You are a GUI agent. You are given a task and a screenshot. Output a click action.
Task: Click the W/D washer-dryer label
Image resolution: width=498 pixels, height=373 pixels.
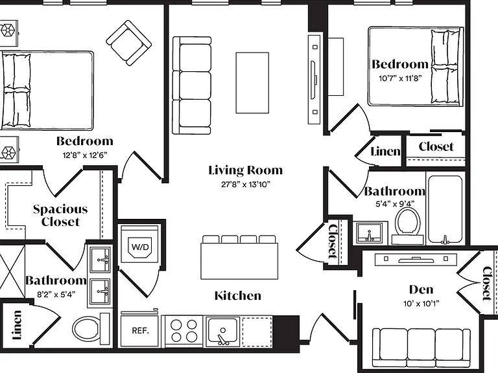(140, 247)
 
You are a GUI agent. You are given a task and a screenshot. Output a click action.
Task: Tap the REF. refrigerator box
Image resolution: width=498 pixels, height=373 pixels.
(140, 330)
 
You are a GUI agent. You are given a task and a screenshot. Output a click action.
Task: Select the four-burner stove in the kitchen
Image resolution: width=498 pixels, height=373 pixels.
(184, 330)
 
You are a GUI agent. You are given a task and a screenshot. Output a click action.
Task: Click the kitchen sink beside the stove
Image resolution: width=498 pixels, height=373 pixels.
(222, 331)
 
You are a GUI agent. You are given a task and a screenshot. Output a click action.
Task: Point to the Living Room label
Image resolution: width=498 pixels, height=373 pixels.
(246, 170)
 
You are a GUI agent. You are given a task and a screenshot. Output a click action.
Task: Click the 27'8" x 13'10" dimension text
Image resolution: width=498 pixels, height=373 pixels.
(246, 185)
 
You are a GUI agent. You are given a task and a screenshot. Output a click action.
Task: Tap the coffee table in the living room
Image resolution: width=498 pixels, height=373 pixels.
(252, 83)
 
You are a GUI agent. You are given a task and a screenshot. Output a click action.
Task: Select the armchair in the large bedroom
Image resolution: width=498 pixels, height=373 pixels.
(128, 43)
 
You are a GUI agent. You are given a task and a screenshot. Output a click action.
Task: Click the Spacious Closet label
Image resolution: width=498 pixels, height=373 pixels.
(60, 216)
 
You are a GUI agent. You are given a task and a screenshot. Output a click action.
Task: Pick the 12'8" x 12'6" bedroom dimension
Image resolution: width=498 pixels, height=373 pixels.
(85, 155)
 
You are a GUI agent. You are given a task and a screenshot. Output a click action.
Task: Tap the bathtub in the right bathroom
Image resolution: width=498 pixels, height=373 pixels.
(445, 210)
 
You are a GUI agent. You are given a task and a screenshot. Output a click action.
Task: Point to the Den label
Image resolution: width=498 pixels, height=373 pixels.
(421, 289)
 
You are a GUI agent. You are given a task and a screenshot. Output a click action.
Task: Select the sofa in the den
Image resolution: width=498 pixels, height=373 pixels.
(421, 348)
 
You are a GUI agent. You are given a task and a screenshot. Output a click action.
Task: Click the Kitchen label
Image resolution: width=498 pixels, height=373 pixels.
(238, 295)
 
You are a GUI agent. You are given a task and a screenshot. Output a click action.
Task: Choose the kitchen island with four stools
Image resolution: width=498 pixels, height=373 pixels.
(239, 257)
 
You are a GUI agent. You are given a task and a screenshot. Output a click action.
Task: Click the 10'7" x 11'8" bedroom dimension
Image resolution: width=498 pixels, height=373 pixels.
(400, 78)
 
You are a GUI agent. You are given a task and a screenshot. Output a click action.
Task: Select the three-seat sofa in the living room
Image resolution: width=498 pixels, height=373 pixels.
(192, 85)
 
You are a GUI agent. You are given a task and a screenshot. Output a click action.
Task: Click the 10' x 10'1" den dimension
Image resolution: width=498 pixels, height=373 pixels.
(421, 304)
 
